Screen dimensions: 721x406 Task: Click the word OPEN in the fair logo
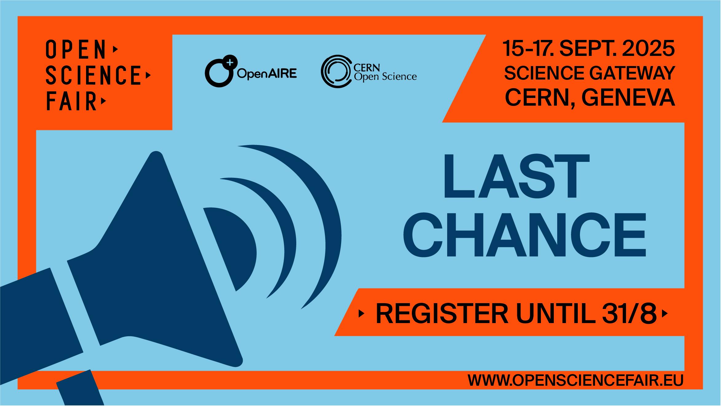tap(76, 50)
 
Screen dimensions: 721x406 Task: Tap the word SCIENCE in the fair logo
tap(93, 75)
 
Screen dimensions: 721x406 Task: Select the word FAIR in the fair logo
tap(72, 101)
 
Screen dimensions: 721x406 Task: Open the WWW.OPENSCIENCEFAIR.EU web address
tap(576, 380)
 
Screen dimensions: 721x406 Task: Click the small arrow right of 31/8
tap(665, 314)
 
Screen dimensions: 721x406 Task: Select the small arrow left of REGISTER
tap(362, 314)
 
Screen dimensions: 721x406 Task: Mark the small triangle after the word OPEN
tap(116, 49)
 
